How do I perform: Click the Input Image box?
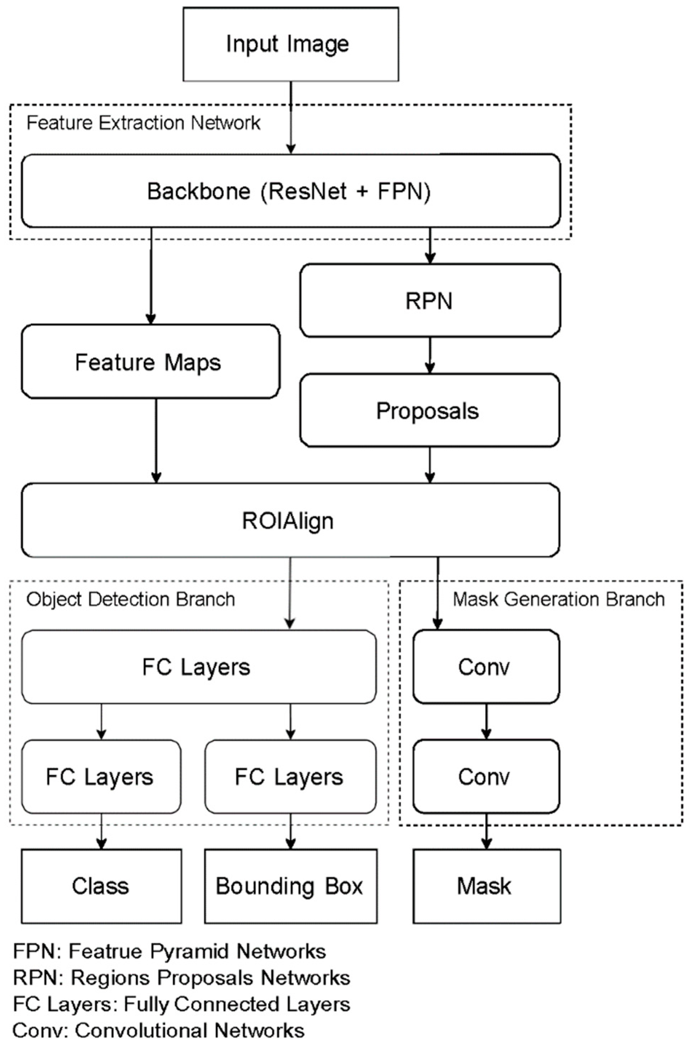click(291, 44)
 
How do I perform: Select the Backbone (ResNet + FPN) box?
click(291, 191)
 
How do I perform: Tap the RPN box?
click(430, 301)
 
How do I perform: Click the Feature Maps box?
click(151, 362)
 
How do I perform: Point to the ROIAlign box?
click(290, 520)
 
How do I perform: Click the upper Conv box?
click(486, 667)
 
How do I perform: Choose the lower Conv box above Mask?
click(486, 777)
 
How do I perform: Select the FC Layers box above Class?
click(101, 777)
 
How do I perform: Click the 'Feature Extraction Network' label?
click(143, 123)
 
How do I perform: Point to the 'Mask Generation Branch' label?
click(559, 599)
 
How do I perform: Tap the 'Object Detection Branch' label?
click(131, 599)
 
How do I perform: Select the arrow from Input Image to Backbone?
click(291, 117)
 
